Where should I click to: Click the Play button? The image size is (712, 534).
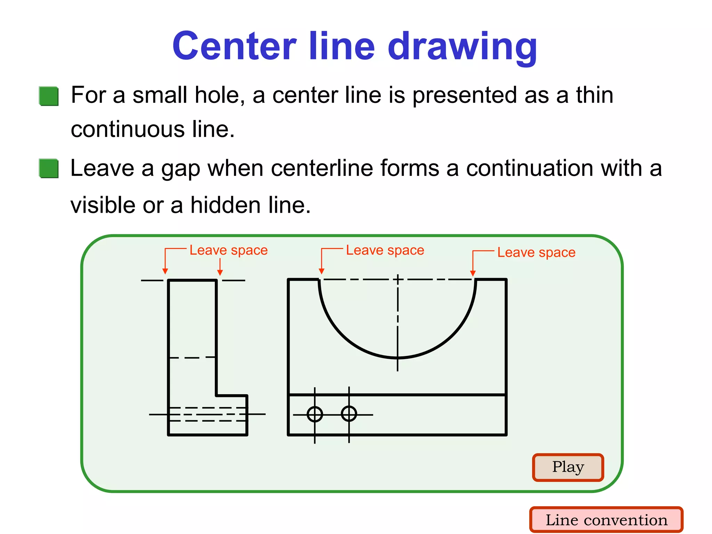(568, 467)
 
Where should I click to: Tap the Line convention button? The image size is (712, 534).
(606, 520)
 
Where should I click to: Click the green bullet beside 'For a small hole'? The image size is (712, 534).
(49, 96)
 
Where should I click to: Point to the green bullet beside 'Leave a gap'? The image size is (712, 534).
(49, 168)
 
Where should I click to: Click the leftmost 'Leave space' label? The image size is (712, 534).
(228, 250)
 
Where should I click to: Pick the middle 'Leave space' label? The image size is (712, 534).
(385, 250)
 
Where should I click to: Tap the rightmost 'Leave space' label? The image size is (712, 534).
(536, 252)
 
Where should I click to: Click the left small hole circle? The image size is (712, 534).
(315, 414)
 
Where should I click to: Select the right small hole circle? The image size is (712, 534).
(349, 414)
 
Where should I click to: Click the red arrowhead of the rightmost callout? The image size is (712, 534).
(473, 274)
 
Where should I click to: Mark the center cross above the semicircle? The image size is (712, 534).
(398, 279)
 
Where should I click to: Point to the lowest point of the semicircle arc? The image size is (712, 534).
(398, 357)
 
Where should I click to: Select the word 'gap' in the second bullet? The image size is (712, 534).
(181, 169)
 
